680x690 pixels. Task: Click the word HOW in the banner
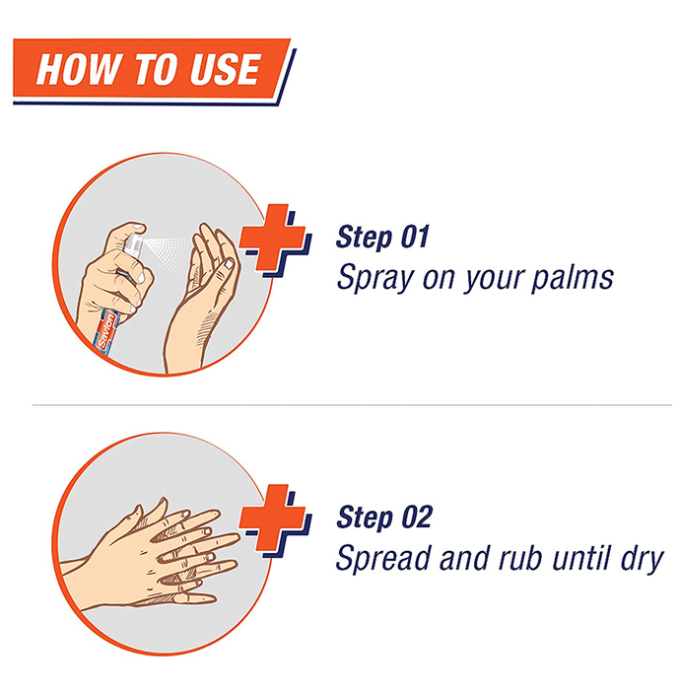(78, 69)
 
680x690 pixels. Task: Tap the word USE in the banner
(225, 69)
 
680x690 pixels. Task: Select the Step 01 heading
(382, 238)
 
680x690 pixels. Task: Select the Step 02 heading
(384, 517)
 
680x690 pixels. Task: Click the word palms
(573, 279)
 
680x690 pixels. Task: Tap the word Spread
(382, 558)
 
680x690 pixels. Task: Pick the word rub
(522, 558)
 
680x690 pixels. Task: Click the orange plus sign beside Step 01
(272, 237)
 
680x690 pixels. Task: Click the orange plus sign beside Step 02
(272, 517)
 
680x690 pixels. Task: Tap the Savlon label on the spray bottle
(106, 331)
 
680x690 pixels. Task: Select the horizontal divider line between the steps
(352, 405)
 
